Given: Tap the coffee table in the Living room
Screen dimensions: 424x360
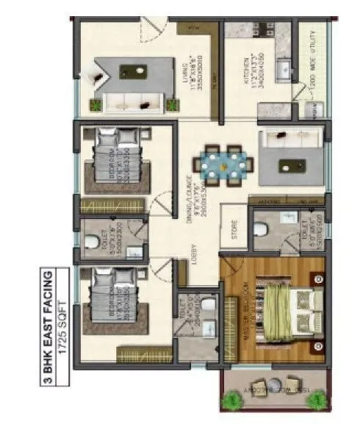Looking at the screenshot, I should click(137, 71).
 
